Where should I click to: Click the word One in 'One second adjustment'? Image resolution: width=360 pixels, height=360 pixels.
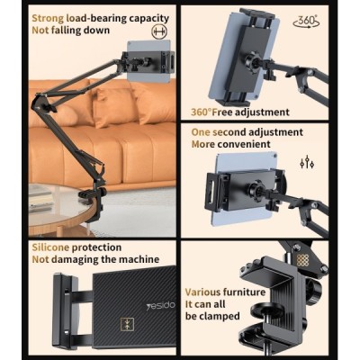(202, 130)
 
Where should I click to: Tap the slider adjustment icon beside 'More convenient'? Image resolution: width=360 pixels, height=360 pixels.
(306, 162)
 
